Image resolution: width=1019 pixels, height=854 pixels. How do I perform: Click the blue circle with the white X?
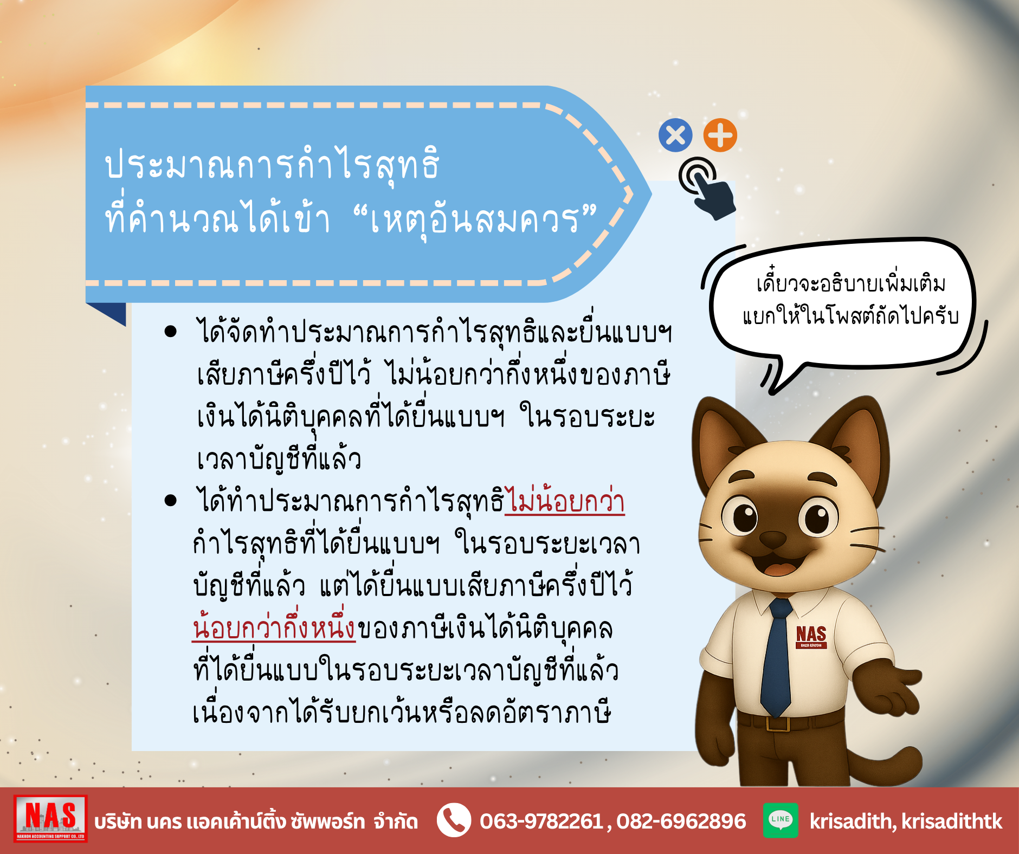pos(675,135)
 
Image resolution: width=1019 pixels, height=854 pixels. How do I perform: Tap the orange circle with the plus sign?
pos(720,135)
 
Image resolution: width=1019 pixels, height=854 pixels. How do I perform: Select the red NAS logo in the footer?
pos(50,819)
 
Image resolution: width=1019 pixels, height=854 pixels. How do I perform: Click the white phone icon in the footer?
pos(454,820)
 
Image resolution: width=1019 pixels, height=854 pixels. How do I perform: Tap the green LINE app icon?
pos(781,820)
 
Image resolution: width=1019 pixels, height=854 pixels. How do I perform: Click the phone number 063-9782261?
pos(541,821)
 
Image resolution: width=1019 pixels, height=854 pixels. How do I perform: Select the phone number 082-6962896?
pos(681,821)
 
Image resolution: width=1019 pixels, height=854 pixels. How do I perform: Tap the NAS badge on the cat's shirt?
pos(811,637)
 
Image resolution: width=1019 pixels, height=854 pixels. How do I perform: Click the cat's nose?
pos(772,539)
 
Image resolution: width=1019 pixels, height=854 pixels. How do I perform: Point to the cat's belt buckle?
pos(778,723)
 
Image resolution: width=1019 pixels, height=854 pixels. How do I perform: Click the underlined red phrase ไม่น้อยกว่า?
pos(565,501)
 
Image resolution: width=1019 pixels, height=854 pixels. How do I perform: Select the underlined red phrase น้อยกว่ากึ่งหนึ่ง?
pos(274,627)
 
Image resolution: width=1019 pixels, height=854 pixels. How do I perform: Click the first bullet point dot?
pos(171,331)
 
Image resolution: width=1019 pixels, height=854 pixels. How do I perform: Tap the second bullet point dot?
pos(171,500)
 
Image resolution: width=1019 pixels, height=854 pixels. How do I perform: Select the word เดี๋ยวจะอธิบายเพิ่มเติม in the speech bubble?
pos(851,282)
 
